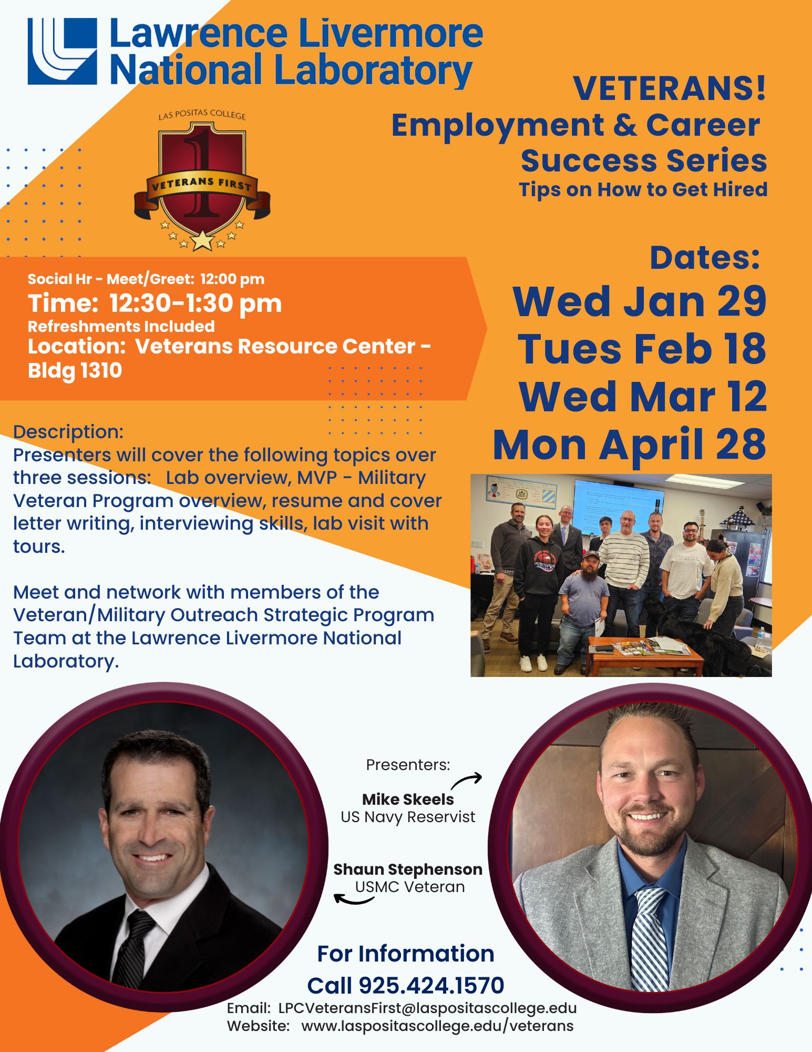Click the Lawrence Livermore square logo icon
click(x=62, y=51)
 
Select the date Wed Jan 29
click(x=640, y=301)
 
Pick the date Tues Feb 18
click(x=642, y=349)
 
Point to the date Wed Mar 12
click(x=643, y=397)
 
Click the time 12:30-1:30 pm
click(x=196, y=304)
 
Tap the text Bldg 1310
click(x=75, y=371)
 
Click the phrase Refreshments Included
click(x=121, y=327)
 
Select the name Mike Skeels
click(x=408, y=799)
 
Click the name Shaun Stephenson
click(x=408, y=869)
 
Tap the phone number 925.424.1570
click(x=431, y=986)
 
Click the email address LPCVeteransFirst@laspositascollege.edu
click(x=427, y=1008)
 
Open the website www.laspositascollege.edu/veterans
click(x=437, y=1026)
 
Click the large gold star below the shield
click(x=202, y=241)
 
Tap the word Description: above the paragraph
click(x=68, y=432)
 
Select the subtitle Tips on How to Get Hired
click(x=643, y=189)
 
